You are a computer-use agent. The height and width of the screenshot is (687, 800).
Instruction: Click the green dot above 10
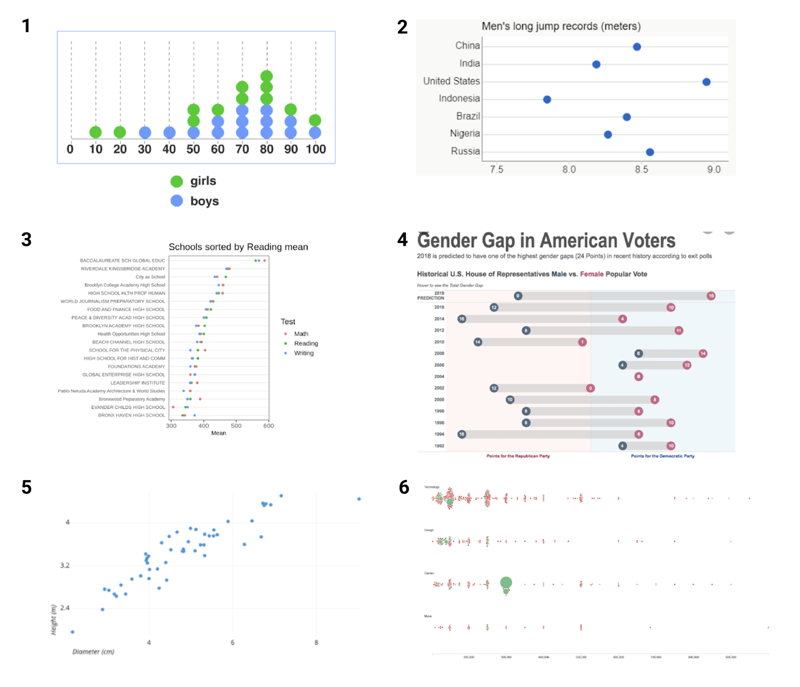pos(96,132)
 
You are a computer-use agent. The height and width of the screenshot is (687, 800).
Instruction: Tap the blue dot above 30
pos(145,132)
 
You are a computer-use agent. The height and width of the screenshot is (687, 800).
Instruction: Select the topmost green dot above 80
pos(267,76)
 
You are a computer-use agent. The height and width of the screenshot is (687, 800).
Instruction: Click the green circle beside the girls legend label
pos(177,181)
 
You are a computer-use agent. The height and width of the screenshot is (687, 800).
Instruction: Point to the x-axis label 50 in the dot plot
pos(193,149)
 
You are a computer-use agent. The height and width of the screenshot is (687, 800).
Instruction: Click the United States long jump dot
pos(706,82)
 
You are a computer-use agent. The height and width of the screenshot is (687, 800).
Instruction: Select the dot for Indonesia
pos(547,99)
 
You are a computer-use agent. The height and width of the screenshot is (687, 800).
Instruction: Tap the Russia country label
pos(465,151)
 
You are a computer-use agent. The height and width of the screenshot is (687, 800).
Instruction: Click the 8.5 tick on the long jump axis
pos(641,169)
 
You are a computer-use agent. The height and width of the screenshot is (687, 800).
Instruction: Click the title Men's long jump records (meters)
pos(561,26)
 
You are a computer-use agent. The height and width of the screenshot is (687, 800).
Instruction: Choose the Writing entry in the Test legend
pos(303,353)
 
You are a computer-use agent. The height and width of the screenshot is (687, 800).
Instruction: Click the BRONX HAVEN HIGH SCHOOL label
pos(132,415)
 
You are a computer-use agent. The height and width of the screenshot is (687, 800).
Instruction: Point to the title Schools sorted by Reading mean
pos(238,247)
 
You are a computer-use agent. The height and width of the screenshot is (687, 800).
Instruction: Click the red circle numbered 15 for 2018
pos(711,296)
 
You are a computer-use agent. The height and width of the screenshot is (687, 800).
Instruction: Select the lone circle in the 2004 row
pos(639,376)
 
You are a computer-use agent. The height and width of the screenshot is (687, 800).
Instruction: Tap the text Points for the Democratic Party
pos(662,456)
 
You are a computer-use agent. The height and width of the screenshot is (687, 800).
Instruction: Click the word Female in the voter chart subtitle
pos(592,274)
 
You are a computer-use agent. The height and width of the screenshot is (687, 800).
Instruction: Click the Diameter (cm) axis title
pos(93,651)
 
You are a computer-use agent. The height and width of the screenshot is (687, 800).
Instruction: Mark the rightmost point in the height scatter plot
pos(359,499)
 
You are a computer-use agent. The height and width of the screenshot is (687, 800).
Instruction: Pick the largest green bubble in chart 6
pos(506,582)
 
